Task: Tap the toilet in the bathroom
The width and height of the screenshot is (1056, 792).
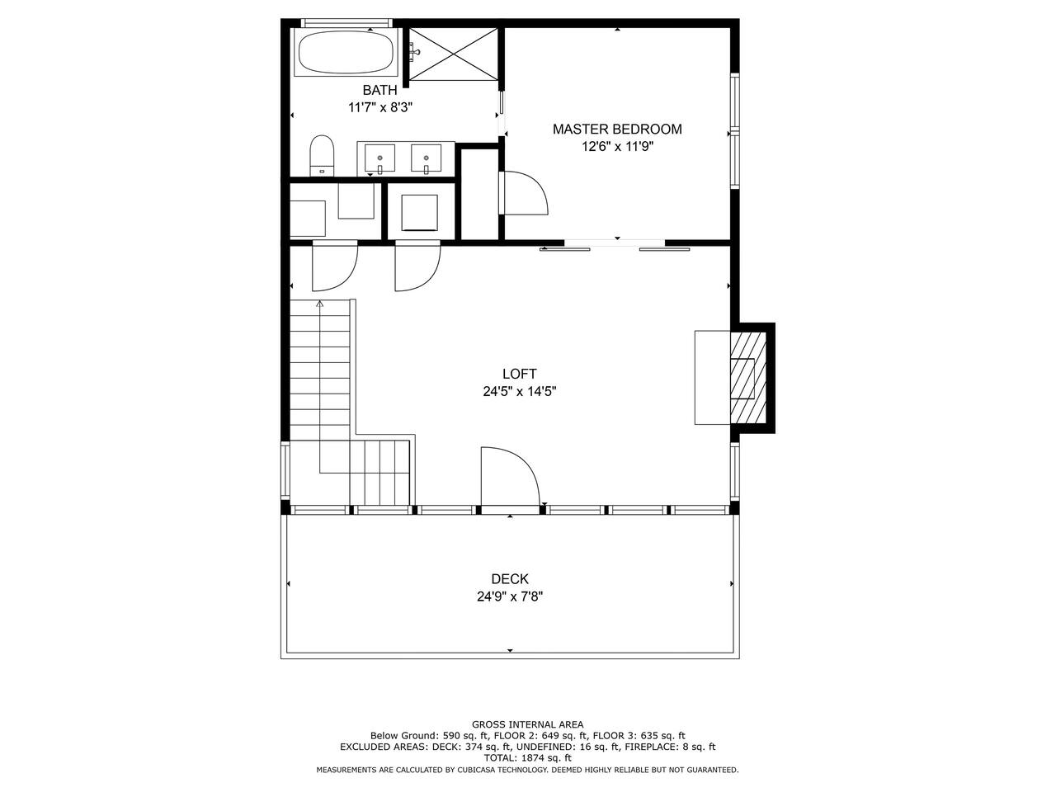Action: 322,155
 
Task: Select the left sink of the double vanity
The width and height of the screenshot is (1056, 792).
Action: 379,158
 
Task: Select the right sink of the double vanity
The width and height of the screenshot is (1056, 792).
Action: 426,158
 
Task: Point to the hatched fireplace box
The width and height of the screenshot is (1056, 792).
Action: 748,378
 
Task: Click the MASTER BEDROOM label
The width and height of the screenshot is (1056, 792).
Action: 617,129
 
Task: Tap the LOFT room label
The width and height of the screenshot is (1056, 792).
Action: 520,374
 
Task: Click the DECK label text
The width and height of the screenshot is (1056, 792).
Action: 510,578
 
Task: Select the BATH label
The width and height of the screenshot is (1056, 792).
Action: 380,90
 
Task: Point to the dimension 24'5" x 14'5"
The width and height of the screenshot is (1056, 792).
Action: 520,391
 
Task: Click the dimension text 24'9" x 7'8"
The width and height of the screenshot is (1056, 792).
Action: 510,596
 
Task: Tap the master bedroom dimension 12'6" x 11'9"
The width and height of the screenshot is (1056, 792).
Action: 617,146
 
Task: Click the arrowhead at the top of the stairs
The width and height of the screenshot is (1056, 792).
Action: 320,304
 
